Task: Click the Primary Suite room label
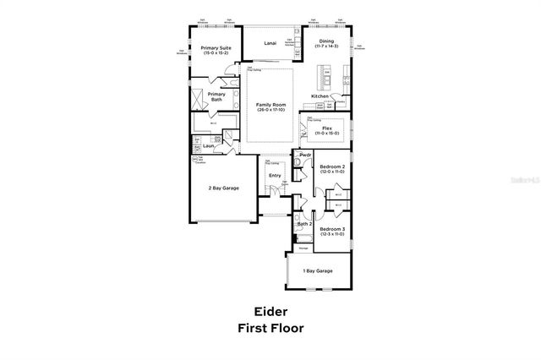[x=216, y=48]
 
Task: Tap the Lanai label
[x=270, y=41]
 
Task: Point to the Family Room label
[x=270, y=104]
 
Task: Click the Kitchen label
[x=320, y=96]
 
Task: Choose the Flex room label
[x=326, y=128]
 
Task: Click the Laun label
[x=208, y=146]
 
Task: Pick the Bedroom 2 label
[x=331, y=167]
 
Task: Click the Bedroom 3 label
[x=331, y=229]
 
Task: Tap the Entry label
[x=274, y=176]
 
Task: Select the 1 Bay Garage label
[x=318, y=270]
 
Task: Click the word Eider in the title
[x=270, y=310]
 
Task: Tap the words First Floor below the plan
[x=270, y=326]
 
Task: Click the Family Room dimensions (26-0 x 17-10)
[x=270, y=109]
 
